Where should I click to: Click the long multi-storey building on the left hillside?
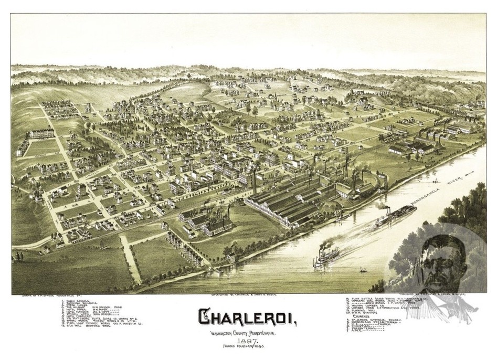[41, 133]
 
